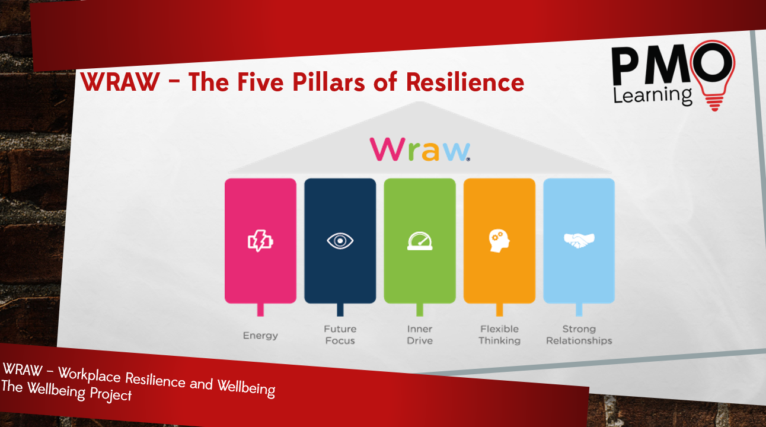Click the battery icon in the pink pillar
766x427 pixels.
(261, 241)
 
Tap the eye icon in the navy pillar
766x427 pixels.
(340, 241)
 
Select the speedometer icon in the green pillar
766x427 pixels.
(420, 241)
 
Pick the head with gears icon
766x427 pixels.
(499, 241)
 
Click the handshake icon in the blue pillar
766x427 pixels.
(579, 240)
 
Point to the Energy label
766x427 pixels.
(260, 336)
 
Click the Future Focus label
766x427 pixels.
(340, 334)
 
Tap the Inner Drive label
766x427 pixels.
(420, 334)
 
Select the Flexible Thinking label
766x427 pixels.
(499, 334)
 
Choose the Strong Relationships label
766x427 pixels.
(579, 334)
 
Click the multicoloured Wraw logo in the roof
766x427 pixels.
(420, 149)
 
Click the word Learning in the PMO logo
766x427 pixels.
(653, 96)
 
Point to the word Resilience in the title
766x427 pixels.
(465, 82)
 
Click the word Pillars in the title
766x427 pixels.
(328, 82)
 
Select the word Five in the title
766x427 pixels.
(260, 82)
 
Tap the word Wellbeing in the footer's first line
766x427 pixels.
(246, 388)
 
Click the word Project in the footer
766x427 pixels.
(110, 394)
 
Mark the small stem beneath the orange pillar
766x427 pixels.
(499, 310)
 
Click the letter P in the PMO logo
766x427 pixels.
(627, 65)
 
